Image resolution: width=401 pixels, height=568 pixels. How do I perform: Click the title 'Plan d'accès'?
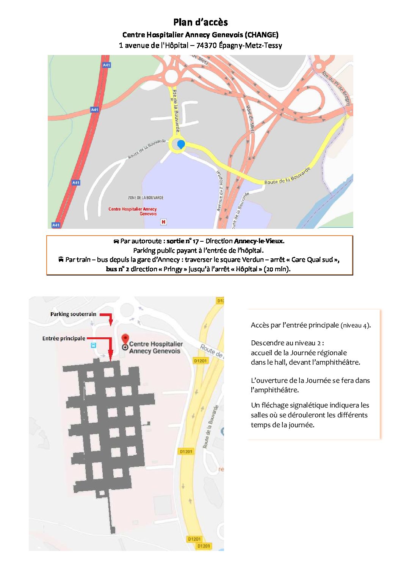tap(200, 22)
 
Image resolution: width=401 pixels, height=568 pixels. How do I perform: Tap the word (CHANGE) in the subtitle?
tap(262, 35)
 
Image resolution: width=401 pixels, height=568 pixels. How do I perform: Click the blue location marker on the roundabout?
tap(181, 144)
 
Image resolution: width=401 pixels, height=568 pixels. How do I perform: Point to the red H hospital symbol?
tap(163, 222)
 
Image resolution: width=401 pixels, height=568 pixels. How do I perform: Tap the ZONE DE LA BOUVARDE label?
tap(146, 198)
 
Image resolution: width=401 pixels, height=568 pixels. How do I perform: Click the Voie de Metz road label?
tap(250, 119)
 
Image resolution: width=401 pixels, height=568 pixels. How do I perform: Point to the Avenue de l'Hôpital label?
tap(220, 191)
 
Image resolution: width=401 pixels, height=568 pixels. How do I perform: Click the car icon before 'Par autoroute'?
tap(116, 241)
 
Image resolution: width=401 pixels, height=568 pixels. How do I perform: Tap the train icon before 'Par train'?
tap(61, 260)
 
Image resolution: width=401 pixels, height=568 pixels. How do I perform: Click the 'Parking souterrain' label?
tap(73, 314)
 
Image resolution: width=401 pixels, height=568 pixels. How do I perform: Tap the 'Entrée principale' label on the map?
tap(64, 338)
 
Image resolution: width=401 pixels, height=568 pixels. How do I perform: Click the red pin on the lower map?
tap(125, 339)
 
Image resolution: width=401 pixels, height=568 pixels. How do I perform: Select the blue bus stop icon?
tap(93, 345)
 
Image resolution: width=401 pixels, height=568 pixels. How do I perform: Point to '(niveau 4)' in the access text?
tap(356, 326)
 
